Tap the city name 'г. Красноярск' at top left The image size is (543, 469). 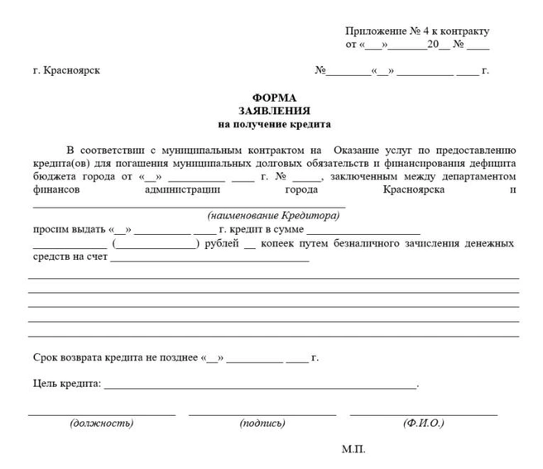pyautogui.click(x=66, y=70)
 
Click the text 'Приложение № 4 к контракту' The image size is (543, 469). pyautogui.click(x=417, y=30)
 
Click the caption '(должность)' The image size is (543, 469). pyautogui.click(x=101, y=424)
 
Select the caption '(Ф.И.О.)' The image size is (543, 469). pyautogui.click(x=423, y=424)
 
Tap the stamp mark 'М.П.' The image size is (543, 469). pyautogui.click(x=353, y=449)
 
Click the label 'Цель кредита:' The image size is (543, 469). pyautogui.click(x=67, y=384)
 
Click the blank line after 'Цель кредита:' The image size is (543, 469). pyautogui.click(x=260, y=387)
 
